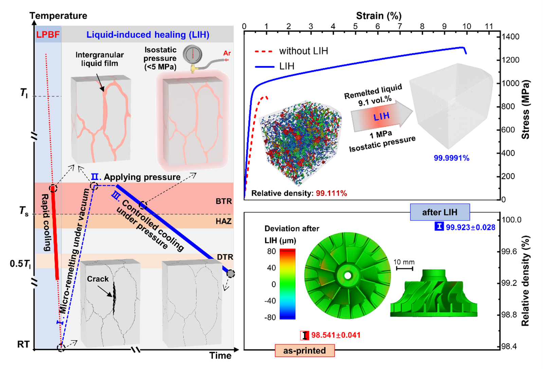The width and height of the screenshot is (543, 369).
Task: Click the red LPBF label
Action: [x=48, y=35]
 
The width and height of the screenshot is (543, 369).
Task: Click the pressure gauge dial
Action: [x=193, y=54]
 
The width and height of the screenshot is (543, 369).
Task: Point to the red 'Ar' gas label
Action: [x=227, y=53]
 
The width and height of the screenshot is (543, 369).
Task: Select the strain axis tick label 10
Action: [x=467, y=26]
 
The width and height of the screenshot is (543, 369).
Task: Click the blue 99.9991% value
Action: [x=451, y=158]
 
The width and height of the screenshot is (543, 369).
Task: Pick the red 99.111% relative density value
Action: [x=331, y=193]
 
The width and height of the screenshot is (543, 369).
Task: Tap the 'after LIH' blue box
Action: [x=440, y=212]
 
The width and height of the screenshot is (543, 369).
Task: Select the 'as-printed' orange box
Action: [x=305, y=351]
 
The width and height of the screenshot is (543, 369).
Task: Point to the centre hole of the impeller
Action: [x=347, y=276]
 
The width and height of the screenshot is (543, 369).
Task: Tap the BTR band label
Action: [x=223, y=201]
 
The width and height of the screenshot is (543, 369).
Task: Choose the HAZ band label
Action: [x=223, y=222]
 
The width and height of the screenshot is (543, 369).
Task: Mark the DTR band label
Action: [x=225, y=257]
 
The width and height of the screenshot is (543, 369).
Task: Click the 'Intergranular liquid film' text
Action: [x=99, y=59]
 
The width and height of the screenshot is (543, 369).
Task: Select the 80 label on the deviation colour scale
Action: [x=271, y=251]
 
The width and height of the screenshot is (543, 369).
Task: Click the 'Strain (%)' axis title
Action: [x=379, y=16]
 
